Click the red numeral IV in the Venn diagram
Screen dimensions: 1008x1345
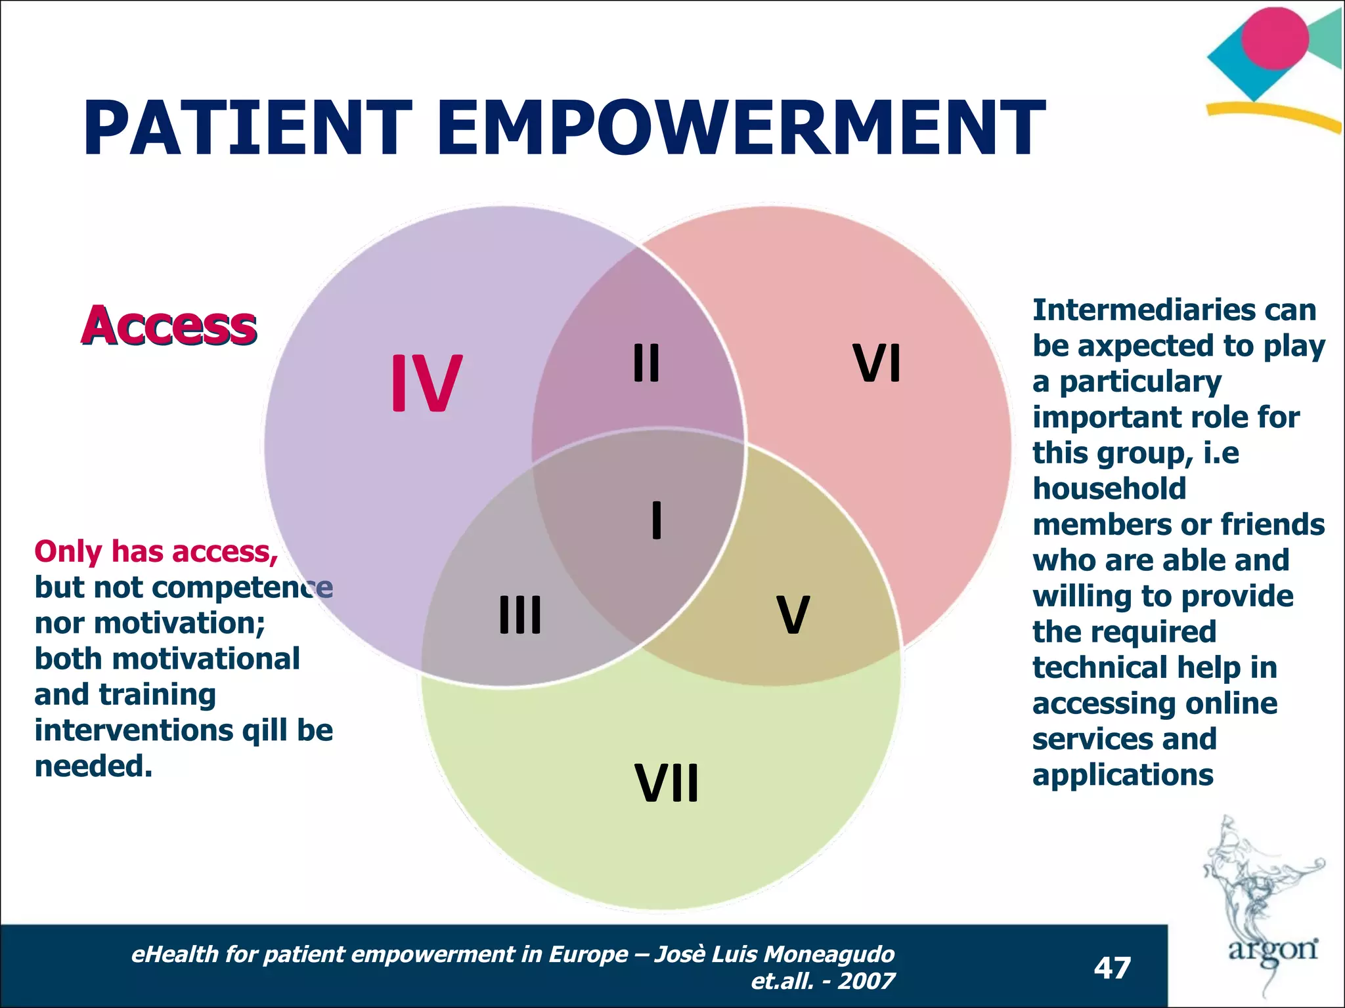click(x=426, y=383)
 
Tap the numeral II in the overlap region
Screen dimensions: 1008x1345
click(x=646, y=363)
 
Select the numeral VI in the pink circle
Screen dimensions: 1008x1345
click(x=877, y=363)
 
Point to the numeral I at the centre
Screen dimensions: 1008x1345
click(x=656, y=520)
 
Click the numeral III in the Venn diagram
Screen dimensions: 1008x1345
click(x=520, y=615)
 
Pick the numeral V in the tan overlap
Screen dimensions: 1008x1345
click(x=793, y=615)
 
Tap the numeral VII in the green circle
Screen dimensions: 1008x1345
click(x=667, y=783)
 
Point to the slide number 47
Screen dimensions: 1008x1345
click(x=1112, y=968)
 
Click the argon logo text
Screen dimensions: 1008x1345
click(x=1273, y=950)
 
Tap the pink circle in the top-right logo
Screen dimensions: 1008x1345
click(x=1275, y=38)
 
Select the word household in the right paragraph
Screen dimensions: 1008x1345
click(x=1109, y=489)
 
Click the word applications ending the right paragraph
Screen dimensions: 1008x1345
click(x=1122, y=775)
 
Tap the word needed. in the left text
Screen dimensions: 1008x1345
click(x=93, y=766)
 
